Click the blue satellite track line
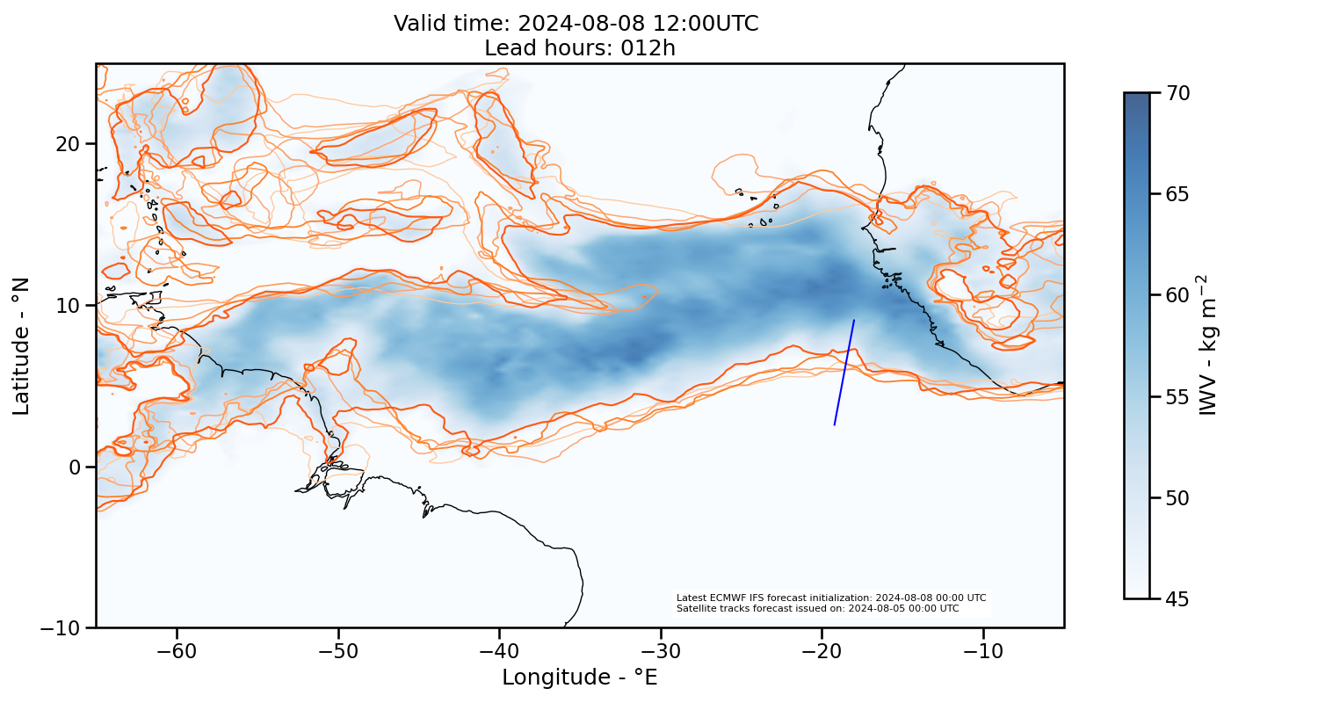(x=844, y=373)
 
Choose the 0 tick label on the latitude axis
(x=76, y=467)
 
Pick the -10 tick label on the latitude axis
(x=64, y=628)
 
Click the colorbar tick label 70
(x=1176, y=92)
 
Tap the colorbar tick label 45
(x=1176, y=598)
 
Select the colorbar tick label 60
(x=1176, y=295)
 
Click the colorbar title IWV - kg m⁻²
(x=1210, y=344)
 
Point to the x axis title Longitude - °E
(x=580, y=678)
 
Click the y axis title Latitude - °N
(x=21, y=345)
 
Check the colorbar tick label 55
(x=1176, y=396)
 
